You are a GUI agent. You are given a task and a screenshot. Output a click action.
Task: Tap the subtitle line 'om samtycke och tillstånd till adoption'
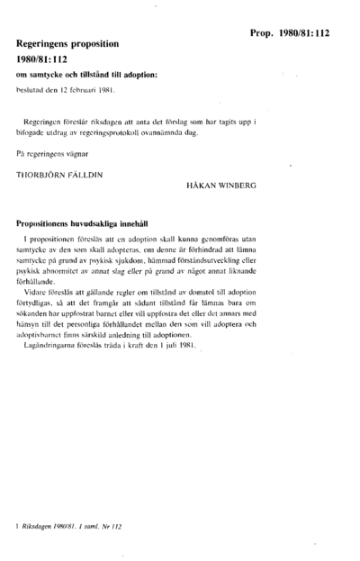[x=86, y=73]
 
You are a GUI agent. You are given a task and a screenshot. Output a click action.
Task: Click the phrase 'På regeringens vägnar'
[x=51, y=155]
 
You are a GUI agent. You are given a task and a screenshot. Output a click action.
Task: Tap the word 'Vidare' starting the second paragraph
[x=39, y=290]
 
